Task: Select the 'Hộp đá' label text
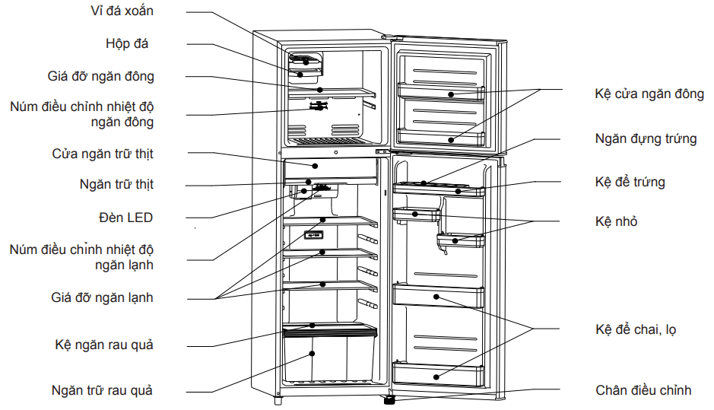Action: coord(127,43)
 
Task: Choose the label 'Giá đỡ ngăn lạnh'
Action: coord(102,297)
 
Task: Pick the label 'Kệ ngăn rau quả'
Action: coord(104,345)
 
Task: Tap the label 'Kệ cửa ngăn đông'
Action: coord(649,94)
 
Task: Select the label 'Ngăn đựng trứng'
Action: coord(646,138)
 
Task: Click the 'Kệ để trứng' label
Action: coord(630,182)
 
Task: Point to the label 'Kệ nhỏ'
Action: coord(616,221)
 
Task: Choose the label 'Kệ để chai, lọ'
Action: coord(636,329)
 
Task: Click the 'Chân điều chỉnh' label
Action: coord(643,390)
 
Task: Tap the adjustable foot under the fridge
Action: coord(389,398)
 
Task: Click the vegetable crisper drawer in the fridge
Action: coord(329,358)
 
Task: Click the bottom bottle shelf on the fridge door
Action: coord(438,373)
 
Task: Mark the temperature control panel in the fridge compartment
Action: coord(313,235)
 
